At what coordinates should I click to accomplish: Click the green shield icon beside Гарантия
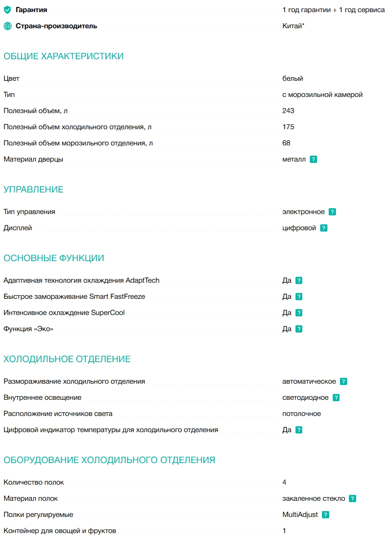[x=7, y=10]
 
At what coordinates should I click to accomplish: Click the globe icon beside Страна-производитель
[x=7, y=26]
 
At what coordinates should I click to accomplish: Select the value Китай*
[x=293, y=26]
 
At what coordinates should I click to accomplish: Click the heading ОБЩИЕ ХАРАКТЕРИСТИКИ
[x=63, y=57]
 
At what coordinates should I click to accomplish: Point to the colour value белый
[x=292, y=79]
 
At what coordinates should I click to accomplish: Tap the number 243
[x=288, y=111]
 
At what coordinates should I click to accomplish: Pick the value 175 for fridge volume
[x=288, y=127]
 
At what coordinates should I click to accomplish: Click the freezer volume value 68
[x=287, y=143]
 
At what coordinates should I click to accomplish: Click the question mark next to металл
[x=313, y=159]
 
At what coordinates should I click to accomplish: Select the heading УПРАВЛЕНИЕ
[x=34, y=190]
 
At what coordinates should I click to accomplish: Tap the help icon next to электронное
[x=332, y=212]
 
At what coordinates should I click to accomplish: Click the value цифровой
[x=299, y=228]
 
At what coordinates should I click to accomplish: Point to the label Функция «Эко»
[x=28, y=329]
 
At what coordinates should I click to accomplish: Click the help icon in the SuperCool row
[x=299, y=313]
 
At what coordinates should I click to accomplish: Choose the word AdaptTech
[x=142, y=280]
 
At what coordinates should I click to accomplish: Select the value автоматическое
[x=309, y=381]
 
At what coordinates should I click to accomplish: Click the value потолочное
[x=301, y=414]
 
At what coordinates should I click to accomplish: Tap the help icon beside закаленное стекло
[x=353, y=499]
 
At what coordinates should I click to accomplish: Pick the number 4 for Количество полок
[x=284, y=482]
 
